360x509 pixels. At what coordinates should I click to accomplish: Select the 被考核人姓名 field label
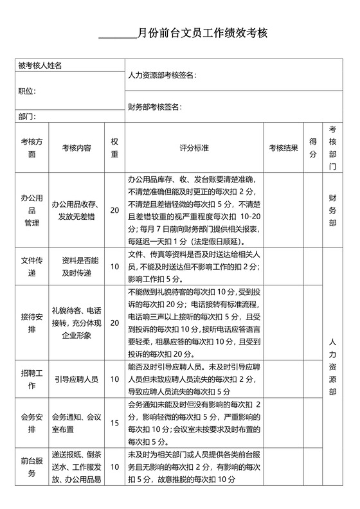click(40, 66)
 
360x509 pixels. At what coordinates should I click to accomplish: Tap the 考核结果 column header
click(283, 148)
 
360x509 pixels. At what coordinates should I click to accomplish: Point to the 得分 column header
click(313, 148)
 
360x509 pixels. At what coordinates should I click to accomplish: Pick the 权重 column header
click(114, 148)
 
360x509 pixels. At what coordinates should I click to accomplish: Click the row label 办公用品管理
click(32, 210)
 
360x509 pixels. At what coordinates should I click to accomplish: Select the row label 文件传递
click(32, 267)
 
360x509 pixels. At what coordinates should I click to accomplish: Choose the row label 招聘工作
click(32, 379)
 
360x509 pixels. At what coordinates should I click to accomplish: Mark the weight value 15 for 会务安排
click(114, 423)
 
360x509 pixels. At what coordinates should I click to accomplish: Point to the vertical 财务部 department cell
click(332, 210)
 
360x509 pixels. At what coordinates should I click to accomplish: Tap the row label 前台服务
click(32, 467)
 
